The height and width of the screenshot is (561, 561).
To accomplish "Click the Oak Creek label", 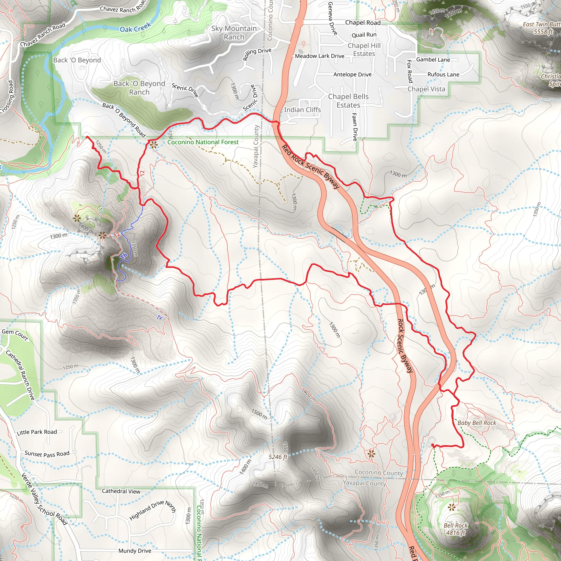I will (x=135, y=27).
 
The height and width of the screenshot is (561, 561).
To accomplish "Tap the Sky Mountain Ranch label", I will (x=234, y=33).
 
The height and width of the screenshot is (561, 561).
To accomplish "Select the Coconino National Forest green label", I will (x=203, y=142).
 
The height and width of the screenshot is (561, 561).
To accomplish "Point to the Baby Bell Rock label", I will (x=477, y=423).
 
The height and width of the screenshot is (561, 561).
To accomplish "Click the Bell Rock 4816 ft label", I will (x=456, y=529).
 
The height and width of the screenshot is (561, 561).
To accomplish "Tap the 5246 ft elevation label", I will (x=278, y=457).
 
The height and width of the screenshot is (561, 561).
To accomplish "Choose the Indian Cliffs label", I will (x=302, y=110).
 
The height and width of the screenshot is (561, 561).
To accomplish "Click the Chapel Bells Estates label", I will (x=348, y=101).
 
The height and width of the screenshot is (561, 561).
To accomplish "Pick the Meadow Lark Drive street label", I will (x=319, y=56).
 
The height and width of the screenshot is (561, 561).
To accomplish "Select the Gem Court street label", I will (x=15, y=334).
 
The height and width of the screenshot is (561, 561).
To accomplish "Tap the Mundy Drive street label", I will (x=135, y=551).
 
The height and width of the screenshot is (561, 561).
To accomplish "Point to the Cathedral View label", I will (x=121, y=491).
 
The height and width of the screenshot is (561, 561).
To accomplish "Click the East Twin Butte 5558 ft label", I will (x=542, y=28).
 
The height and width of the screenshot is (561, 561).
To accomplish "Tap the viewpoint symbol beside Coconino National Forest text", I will (x=154, y=145).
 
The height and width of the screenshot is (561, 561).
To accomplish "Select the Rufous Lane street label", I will (x=443, y=74).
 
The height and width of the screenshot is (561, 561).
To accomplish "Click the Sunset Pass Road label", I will (x=47, y=454).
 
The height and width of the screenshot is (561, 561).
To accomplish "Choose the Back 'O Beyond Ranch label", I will (x=139, y=88).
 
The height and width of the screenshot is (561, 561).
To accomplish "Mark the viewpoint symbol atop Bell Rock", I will (x=451, y=507).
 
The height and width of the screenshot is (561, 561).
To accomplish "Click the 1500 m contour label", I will (x=259, y=414).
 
